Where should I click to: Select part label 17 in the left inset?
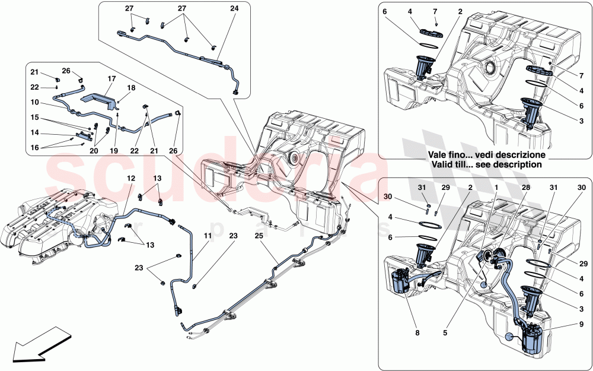click(111, 78)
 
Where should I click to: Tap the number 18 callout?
click(131, 87)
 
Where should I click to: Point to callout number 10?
click(35, 102)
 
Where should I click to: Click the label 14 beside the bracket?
click(35, 132)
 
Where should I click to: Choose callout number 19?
click(113, 151)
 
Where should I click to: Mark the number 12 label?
click(131, 178)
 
